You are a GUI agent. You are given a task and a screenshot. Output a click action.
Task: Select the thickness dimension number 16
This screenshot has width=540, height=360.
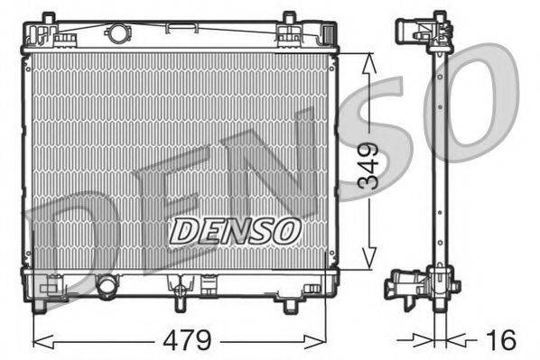503,340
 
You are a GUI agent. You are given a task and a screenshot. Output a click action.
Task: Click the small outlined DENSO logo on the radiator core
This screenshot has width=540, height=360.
235,230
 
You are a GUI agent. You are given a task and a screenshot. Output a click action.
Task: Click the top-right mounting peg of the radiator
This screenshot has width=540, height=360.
288,19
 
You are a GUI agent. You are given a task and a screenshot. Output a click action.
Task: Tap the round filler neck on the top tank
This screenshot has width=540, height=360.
117,35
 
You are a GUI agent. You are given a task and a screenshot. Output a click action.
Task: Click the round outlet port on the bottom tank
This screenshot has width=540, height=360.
107,287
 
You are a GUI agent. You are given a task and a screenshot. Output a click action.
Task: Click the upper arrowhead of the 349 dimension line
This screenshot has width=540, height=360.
368,60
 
